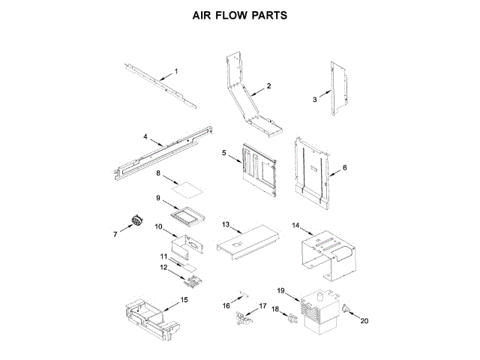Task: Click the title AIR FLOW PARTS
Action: (x=239, y=15)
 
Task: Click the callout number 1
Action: (x=176, y=71)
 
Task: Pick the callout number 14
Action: (x=295, y=225)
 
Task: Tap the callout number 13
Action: (x=225, y=224)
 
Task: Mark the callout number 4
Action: (x=145, y=137)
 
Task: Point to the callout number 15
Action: (x=184, y=299)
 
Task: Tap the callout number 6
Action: (x=345, y=168)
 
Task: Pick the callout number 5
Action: (x=223, y=153)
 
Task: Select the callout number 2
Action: (x=268, y=86)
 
